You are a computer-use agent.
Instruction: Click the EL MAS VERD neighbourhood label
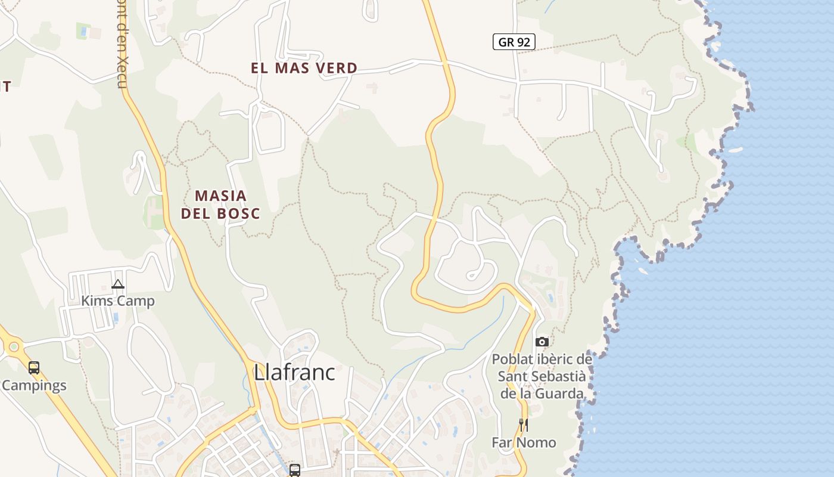click(304, 68)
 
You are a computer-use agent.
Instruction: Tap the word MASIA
click(220, 196)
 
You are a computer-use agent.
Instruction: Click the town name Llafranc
click(294, 373)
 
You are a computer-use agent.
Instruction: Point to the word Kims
click(96, 301)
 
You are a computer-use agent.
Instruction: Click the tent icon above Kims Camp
click(118, 284)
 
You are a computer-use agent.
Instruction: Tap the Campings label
click(34, 385)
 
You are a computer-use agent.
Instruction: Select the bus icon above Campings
click(34, 368)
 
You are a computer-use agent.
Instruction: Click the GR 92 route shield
click(514, 42)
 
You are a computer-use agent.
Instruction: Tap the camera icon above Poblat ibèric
click(542, 342)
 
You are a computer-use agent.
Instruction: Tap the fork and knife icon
click(523, 425)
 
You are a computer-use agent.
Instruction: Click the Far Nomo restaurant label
click(524, 442)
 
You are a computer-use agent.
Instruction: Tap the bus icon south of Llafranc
click(294, 470)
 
